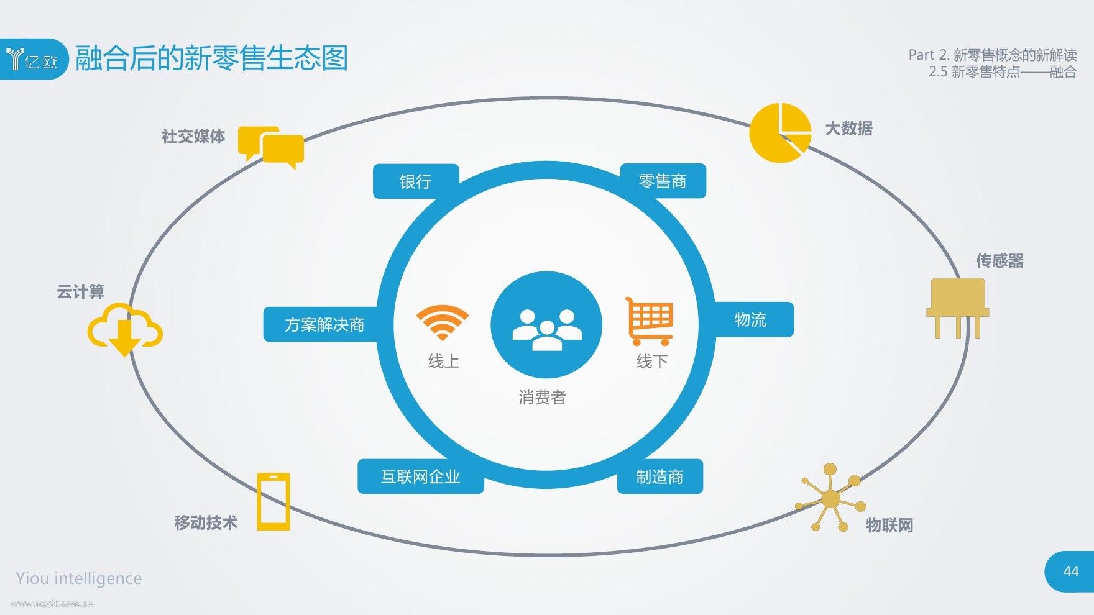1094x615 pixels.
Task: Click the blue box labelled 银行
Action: click(x=415, y=181)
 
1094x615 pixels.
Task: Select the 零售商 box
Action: click(x=663, y=181)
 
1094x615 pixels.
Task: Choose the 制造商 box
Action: click(x=660, y=476)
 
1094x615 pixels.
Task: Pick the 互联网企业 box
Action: click(x=421, y=476)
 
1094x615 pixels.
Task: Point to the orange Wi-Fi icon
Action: click(x=443, y=322)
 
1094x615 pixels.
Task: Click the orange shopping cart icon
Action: click(x=650, y=321)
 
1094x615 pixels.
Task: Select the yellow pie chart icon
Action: click(x=780, y=133)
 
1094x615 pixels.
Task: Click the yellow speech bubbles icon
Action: click(x=271, y=148)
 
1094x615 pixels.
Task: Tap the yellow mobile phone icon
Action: click(x=273, y=502)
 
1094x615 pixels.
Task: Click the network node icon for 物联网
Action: click(x=830, y=498)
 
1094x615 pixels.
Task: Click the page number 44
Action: click(x=1071, y=572)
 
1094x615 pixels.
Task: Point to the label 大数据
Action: click(x=848, y=129)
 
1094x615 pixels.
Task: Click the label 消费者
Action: click(x=542, y=398)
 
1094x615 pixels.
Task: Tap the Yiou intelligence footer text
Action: click(x=79, y=578)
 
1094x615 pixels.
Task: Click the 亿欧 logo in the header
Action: click(x=32, y=60)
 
